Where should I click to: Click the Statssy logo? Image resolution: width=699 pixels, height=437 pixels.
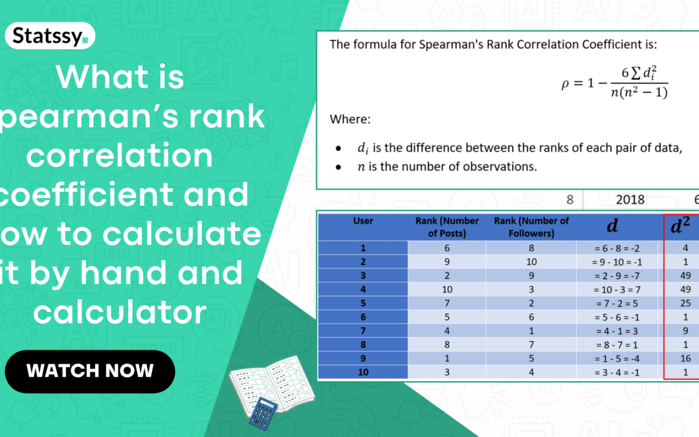[x=50, y=36]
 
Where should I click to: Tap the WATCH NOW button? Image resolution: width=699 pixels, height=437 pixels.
[x=90, y=371]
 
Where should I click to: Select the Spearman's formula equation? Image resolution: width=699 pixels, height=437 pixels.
[x=614, y=82]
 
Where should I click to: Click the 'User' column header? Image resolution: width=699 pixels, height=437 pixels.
[x=363, y=221]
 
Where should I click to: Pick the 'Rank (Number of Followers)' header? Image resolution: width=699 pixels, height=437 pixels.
[x=531, y=227]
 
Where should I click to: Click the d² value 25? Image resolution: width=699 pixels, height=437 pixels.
[x=685, y=302]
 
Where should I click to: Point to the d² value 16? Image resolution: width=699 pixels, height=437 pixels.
[x=685, y=359]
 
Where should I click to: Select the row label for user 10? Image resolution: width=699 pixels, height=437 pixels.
[x=363, y=372]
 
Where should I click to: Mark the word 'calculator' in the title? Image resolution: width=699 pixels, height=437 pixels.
[x=120, y=313]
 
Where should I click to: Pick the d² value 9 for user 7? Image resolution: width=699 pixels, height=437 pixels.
[x=685, y=331]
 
